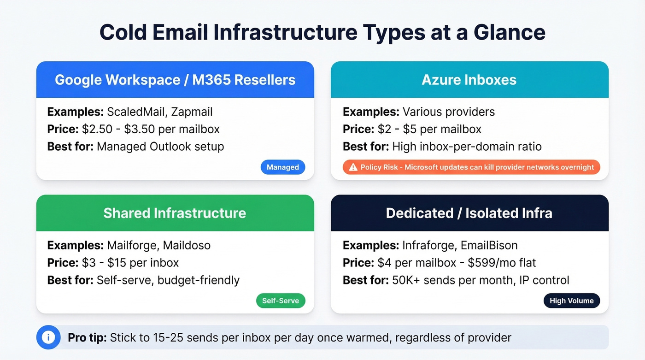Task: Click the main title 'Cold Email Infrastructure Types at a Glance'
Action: (x=322, y=32)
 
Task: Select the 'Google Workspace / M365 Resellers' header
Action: (x=175, y=80)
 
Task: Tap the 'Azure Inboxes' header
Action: (x=469, y=80)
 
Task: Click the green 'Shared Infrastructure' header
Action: (x=175, y=213)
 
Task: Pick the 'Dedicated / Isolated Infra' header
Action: (x=469, y=213)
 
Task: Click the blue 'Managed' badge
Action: (x=282, y=167)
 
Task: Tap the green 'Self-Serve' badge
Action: (x=280, y=301)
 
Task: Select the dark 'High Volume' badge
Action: (x=571, y=301)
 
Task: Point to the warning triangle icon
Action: (x=353, y=167)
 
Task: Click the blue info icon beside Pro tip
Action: (x=48, y=337)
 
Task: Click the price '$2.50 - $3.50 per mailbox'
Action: (x=150, y=129)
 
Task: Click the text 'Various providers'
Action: (x=448, y=112)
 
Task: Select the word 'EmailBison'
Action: (x=489, y=245)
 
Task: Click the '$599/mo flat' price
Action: (x=502, y=263)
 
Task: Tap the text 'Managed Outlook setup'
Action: (x=160, y=147)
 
